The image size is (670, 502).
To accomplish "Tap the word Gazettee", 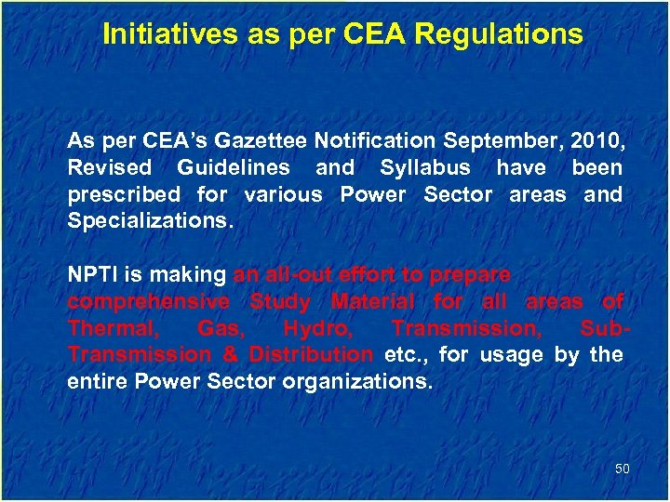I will pos(261,141).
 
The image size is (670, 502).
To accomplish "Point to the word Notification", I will pos(374,141).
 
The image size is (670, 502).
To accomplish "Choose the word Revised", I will pos(109,168).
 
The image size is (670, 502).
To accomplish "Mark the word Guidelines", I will pos(233,168).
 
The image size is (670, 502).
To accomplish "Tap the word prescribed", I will pos(123,195).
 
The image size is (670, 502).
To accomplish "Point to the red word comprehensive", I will pos(148,301).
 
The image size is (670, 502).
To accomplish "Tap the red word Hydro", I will pos(313,328).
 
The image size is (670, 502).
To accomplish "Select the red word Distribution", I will pos(310,354).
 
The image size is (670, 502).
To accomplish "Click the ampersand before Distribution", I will pos(230,354).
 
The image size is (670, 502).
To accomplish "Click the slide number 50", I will pos(623,469).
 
